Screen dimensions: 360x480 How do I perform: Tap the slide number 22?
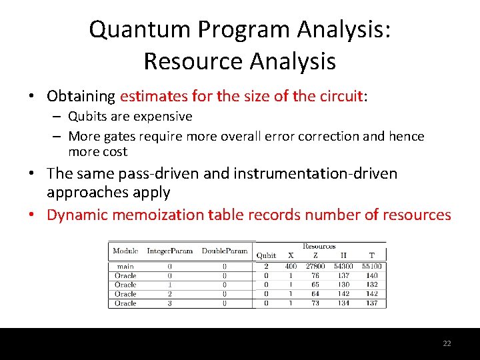(x=447, y=343)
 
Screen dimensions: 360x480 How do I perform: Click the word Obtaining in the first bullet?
(x=81, y=96)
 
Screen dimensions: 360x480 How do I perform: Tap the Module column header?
(x=125, y=251)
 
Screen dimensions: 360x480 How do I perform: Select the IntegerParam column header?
(x=170, y=251)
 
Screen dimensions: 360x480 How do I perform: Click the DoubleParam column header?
(x=224, y=251)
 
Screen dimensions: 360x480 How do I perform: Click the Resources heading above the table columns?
(x=319, y=246)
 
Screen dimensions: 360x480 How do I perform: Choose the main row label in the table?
(x=125, y=267)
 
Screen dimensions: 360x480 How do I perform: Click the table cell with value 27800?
(x=315, y=267)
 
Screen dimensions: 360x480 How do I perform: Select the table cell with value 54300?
(x=343, y=267)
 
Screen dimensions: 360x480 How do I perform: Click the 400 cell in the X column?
(x=290, y=267)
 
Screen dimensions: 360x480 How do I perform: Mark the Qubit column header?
(x=266, y=255)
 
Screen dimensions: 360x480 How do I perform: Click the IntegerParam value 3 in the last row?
(x=170, y=303)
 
